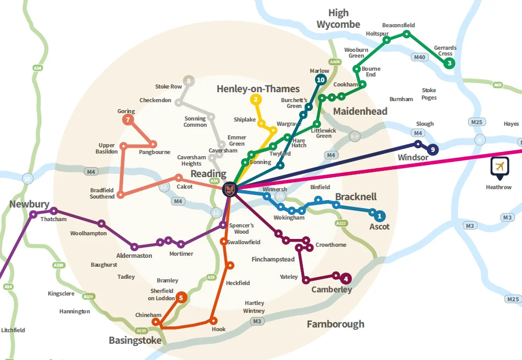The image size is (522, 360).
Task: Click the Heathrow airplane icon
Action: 499,167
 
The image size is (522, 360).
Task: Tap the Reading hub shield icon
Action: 230,189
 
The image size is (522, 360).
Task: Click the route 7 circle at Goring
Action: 127,120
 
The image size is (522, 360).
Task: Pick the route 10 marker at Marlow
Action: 321,80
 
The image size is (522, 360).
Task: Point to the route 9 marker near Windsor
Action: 432,149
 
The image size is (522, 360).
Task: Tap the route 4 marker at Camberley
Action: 346,279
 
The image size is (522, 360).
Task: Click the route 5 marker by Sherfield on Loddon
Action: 181,298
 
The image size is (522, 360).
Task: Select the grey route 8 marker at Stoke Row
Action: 189,81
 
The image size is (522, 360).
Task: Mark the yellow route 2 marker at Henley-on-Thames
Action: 255,99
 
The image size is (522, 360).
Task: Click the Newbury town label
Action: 29,204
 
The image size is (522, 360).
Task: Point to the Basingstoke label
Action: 135,341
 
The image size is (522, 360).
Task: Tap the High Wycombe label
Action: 339,18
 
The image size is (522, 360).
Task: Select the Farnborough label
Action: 335,324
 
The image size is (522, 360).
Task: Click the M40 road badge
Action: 419,57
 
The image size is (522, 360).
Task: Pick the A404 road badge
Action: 335,62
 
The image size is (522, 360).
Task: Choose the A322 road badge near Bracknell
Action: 341,223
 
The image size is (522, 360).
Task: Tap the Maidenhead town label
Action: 360,111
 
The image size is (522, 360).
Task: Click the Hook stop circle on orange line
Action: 213,320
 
